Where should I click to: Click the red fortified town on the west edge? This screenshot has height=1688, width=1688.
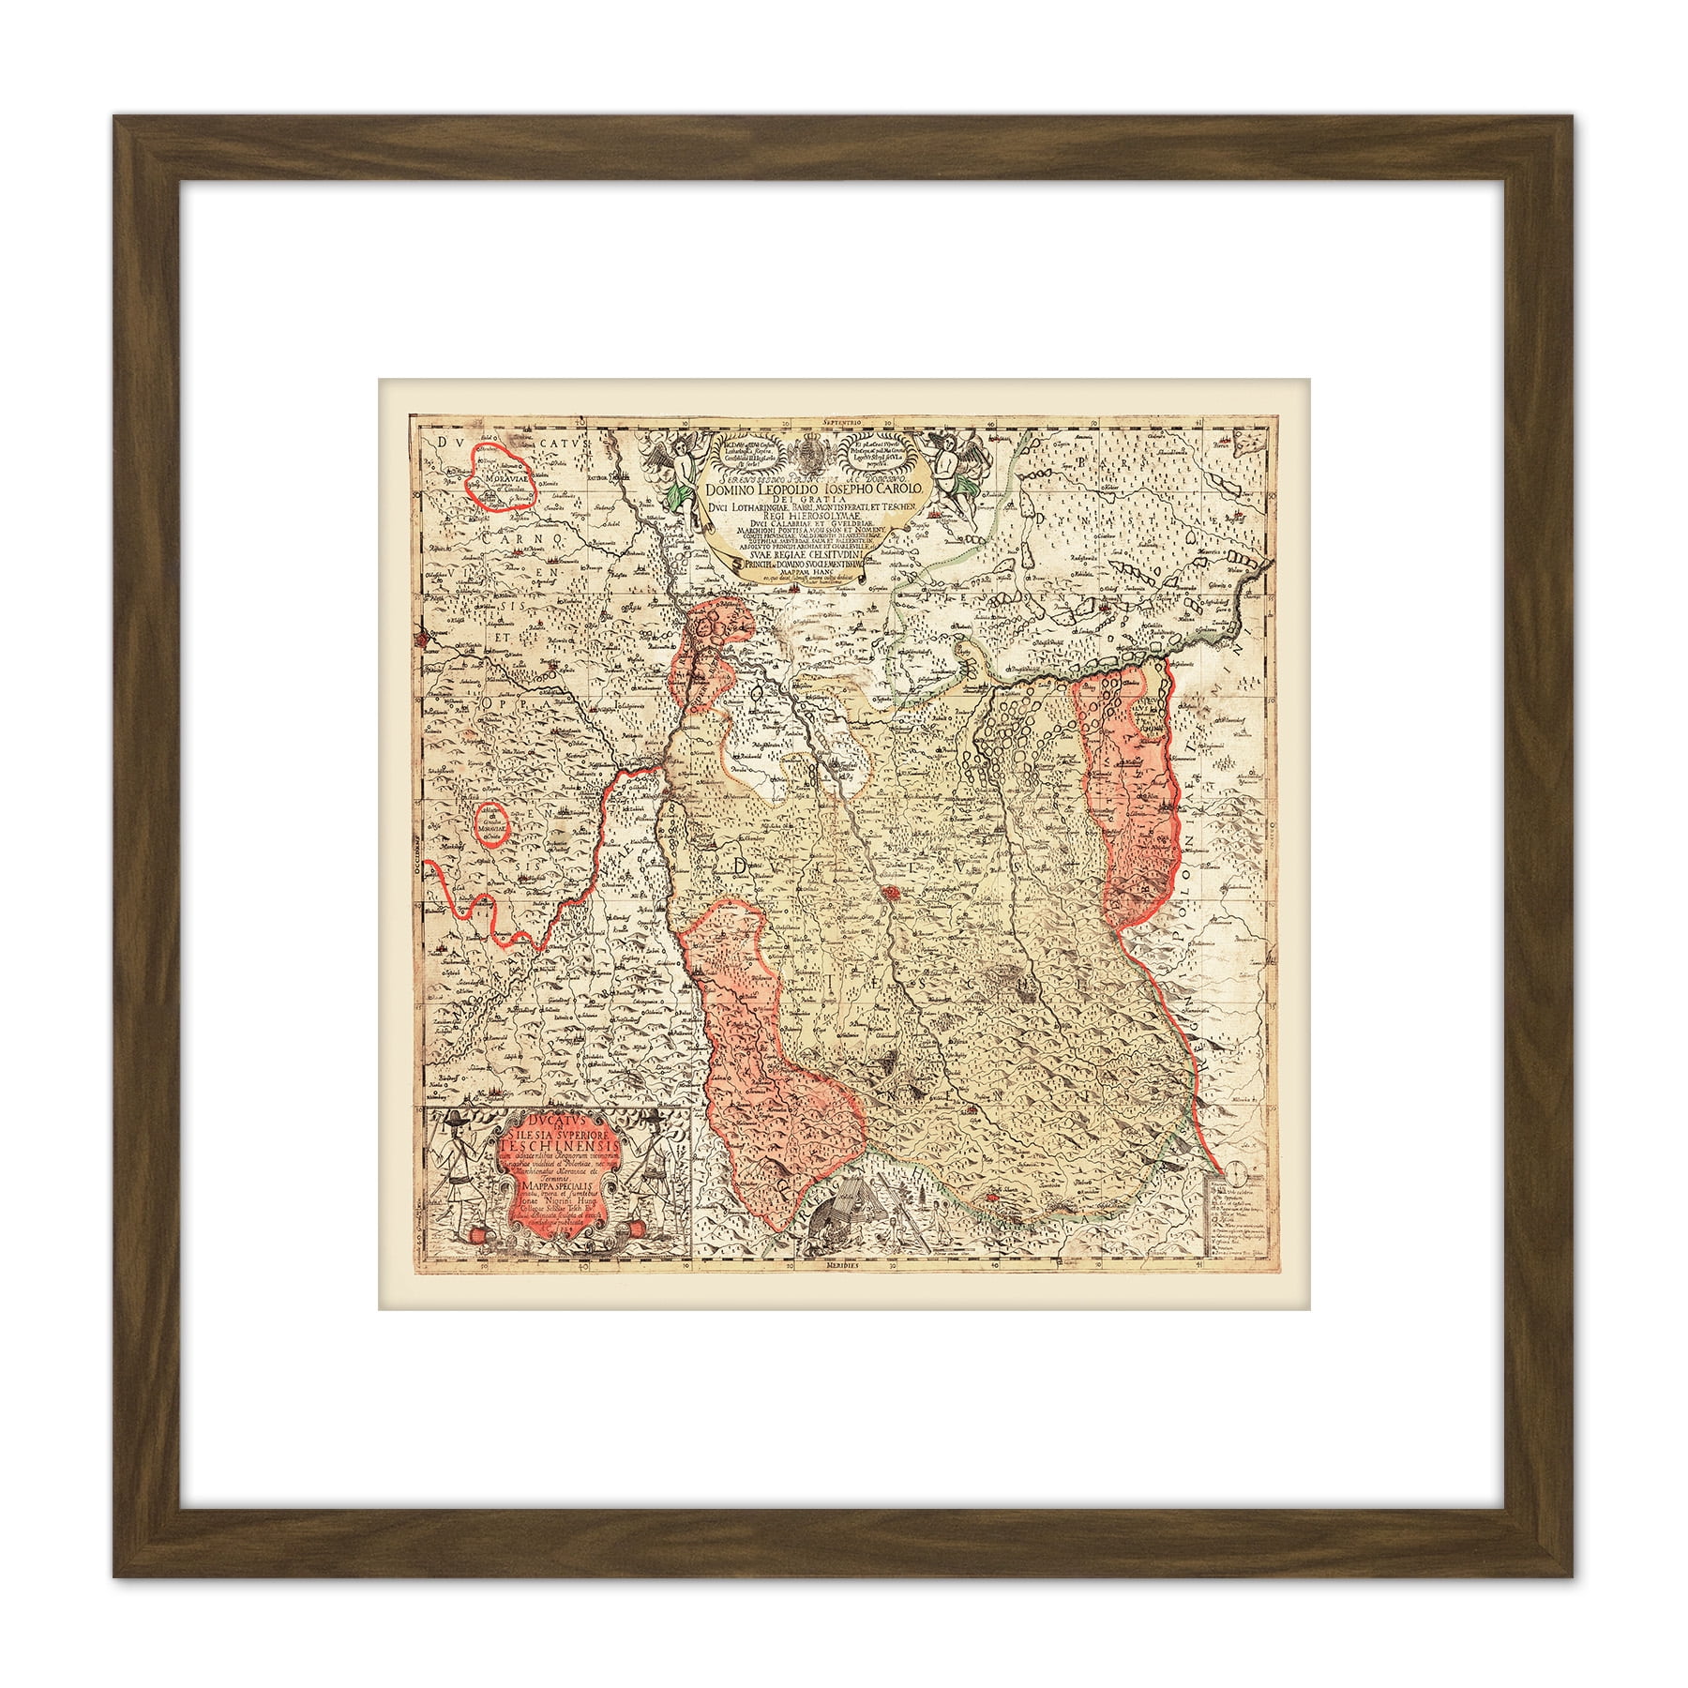click(428, 640)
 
